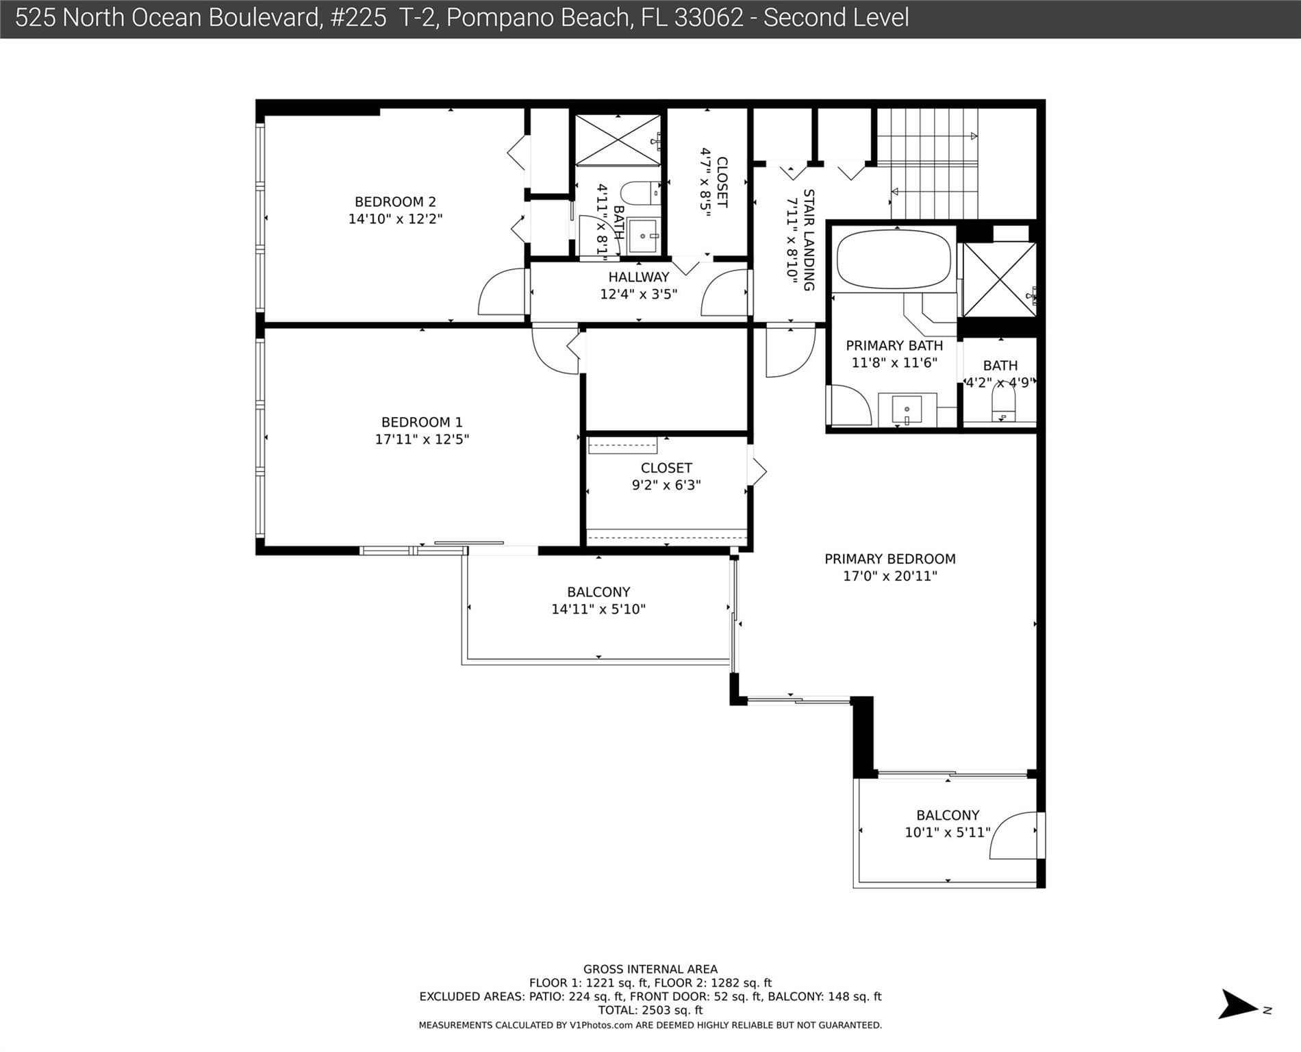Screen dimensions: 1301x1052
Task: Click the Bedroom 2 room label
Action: point(395,202)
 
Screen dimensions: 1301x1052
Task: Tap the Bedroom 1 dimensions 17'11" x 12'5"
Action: point(422,439)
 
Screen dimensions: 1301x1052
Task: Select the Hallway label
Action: point(639,277)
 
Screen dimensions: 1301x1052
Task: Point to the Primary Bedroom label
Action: point(890,559)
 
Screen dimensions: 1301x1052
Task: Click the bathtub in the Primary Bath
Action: point(894,260)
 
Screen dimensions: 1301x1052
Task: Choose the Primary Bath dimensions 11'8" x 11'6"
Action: point(894,362)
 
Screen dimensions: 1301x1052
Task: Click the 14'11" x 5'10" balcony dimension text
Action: point(598,609)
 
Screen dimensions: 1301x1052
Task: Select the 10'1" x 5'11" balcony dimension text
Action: point(948,832)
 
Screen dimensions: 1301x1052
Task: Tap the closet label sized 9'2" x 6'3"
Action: point(666,468)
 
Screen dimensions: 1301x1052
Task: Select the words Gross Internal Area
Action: point(650,969)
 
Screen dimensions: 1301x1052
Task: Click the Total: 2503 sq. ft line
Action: point(650,1010)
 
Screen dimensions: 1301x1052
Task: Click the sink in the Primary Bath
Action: point(907,410)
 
